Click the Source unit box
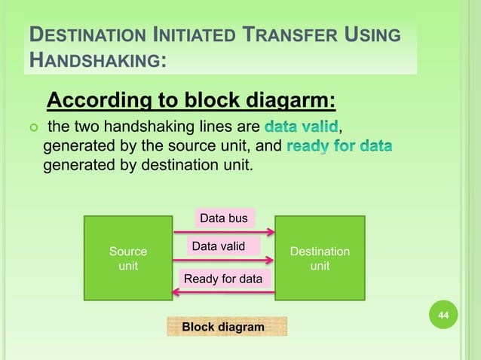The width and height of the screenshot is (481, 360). (128, 258)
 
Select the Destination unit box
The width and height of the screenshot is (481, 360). (320, 258)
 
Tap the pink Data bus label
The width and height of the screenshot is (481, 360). (224, 218)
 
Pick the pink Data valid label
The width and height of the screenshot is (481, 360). (223, 246)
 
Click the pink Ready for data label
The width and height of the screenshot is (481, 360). (223, 279)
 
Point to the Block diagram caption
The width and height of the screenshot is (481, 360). (223, 327)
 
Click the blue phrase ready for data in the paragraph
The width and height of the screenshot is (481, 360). (339, 144)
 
